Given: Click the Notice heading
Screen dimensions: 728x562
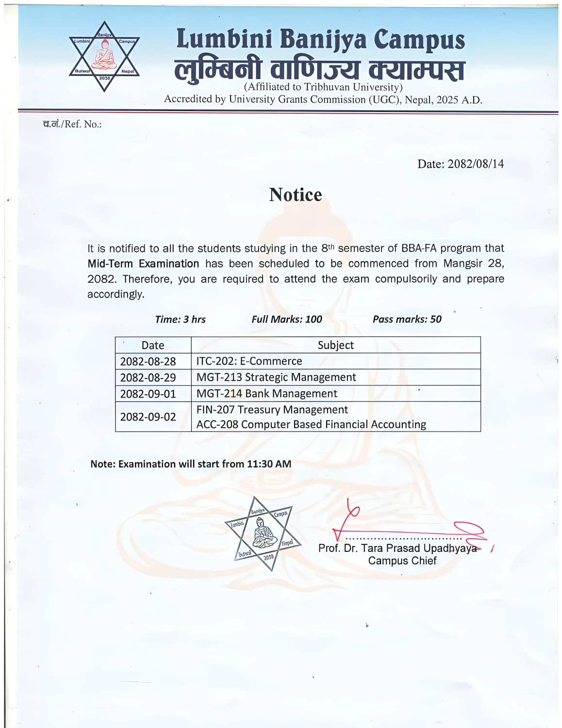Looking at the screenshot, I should pos(296,195).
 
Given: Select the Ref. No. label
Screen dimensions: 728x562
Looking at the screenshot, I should pos(72,124).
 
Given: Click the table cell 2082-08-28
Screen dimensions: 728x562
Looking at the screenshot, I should pos(148,361).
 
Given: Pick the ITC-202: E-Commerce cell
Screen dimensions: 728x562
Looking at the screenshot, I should pos(249,361).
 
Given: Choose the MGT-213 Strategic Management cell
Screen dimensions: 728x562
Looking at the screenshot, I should pos(276,377).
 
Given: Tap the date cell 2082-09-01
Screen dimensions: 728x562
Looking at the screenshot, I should pos(148,393).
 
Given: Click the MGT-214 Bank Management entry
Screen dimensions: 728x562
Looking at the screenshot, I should pos(266,393).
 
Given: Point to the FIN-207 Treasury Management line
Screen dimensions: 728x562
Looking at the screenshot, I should pos(272,410).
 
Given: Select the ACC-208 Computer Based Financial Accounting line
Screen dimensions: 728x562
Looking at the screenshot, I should pos(311,424).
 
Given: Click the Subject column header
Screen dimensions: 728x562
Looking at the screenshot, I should pos(335,345).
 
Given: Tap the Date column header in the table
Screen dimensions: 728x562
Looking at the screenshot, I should pos(153,345).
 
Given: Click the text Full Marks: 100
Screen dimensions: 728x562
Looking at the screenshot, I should pos(287,319).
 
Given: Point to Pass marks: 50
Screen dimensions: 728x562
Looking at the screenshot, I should pos(407,319).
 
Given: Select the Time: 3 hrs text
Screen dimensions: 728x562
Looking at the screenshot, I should pos(181,319).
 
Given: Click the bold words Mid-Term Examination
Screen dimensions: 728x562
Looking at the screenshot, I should pos(143,264).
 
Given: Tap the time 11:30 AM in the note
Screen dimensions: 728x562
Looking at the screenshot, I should pos(269,463).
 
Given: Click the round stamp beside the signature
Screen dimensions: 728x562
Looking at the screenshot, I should pos(263,533).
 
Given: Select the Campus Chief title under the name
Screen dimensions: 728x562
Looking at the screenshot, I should pos(402,561).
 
